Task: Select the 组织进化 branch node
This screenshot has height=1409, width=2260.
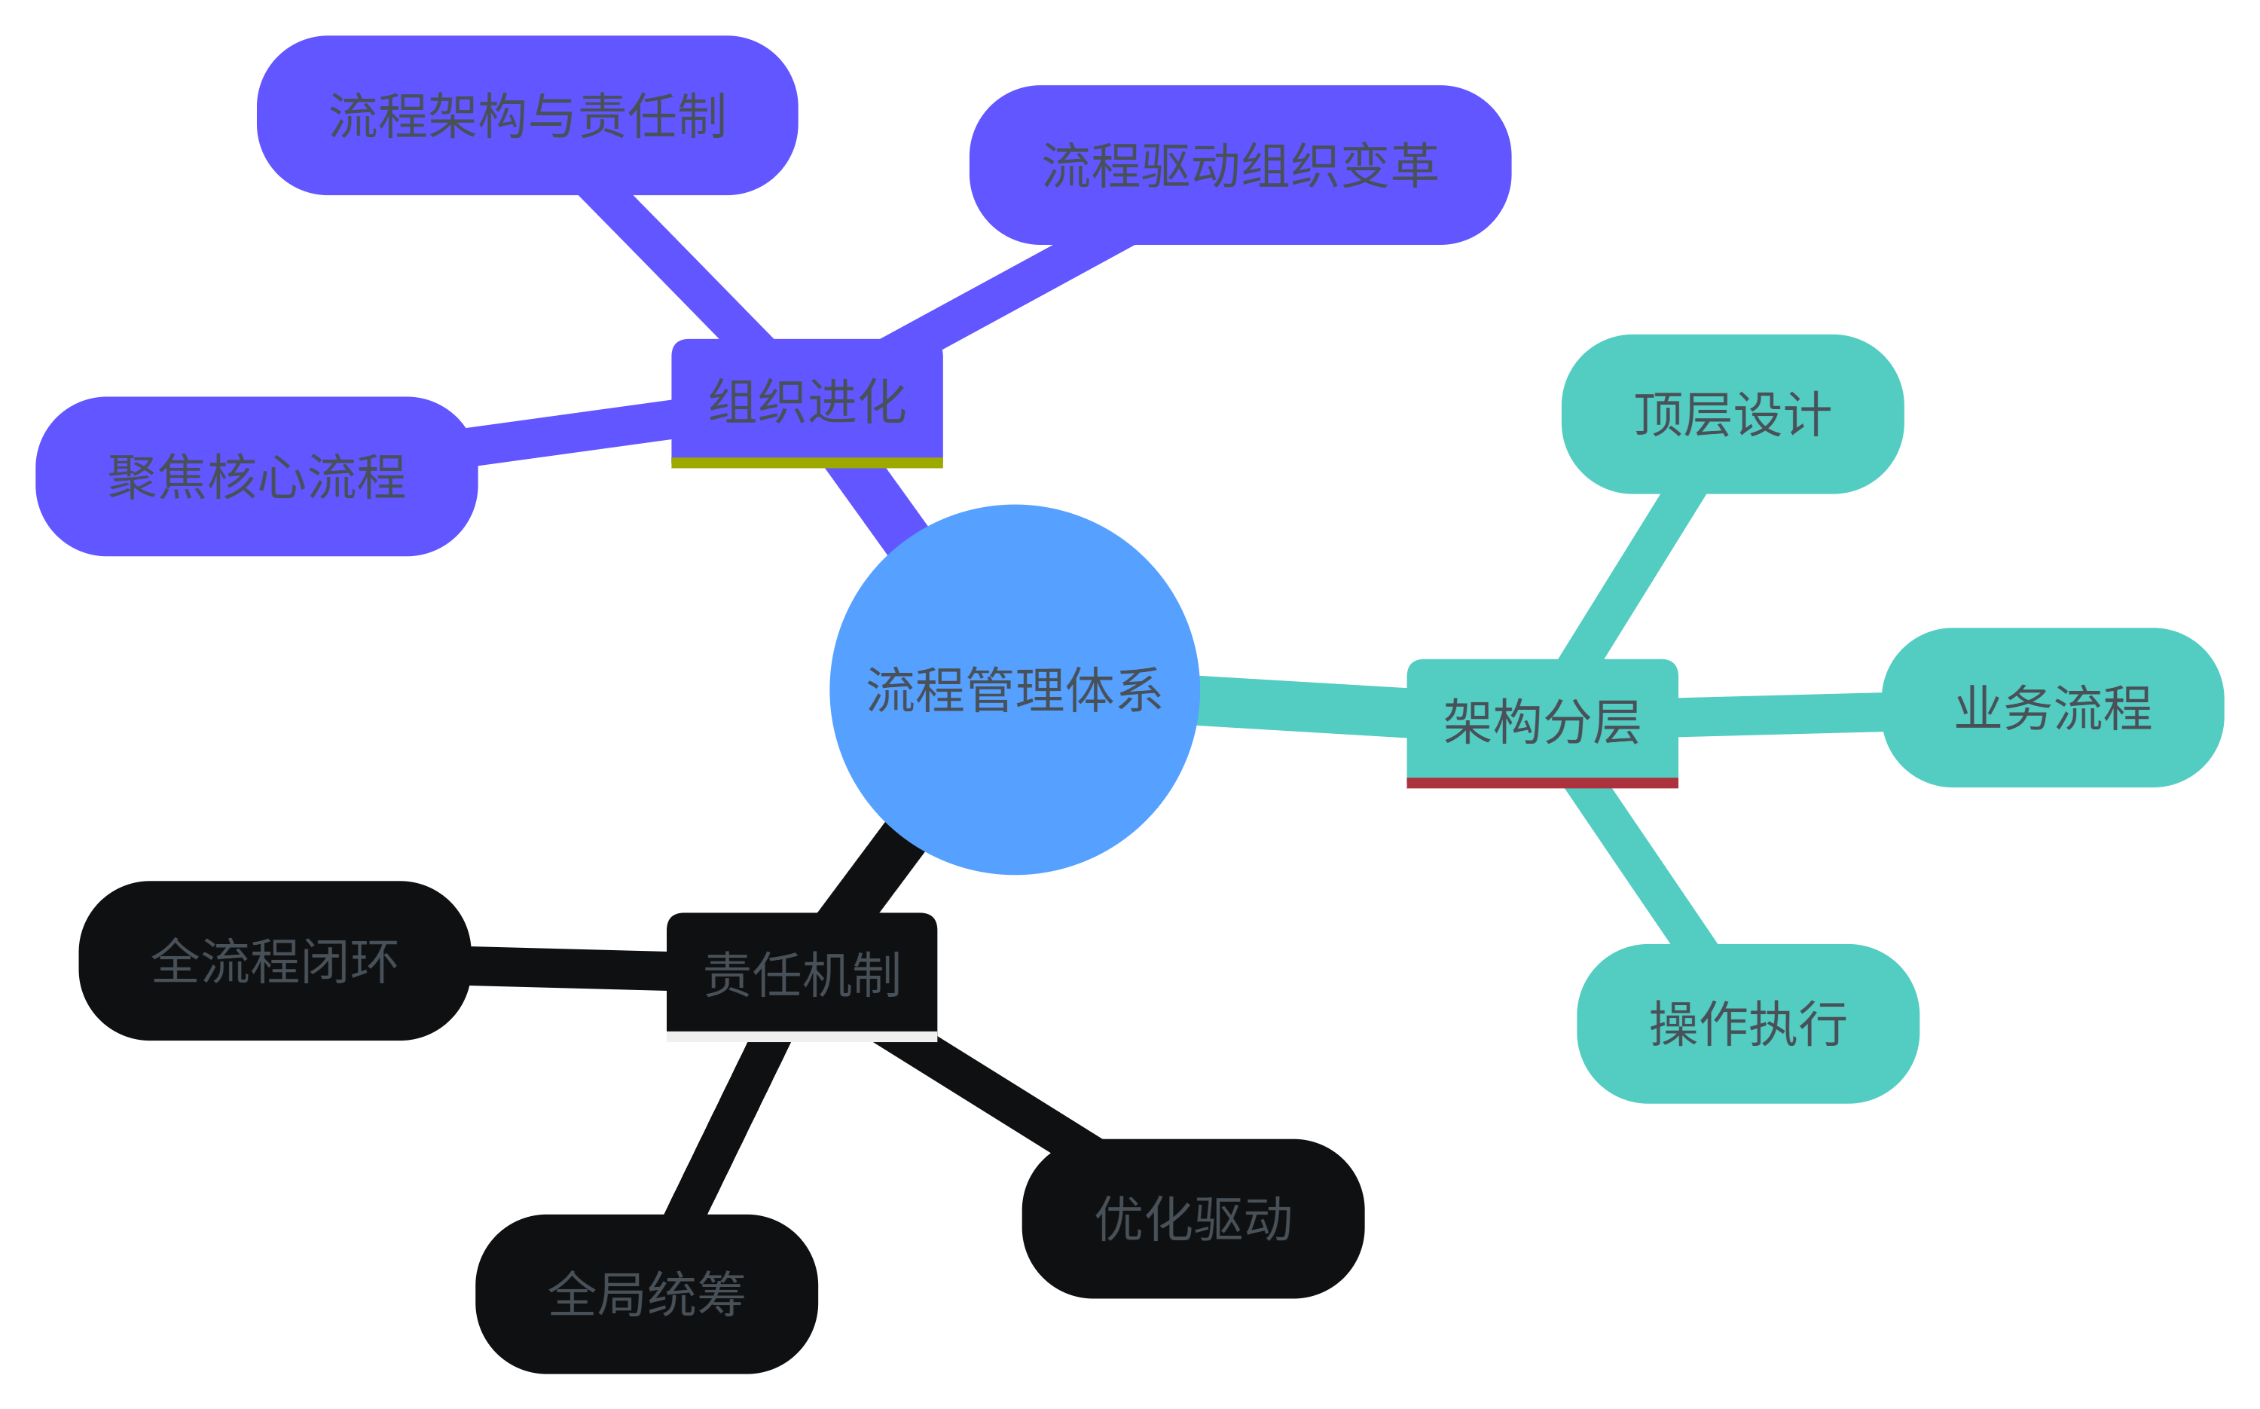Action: tap(807, 401)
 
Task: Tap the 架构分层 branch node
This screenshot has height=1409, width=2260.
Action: tap(1542, 720)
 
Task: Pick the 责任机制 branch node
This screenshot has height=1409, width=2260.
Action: tap(801, 973)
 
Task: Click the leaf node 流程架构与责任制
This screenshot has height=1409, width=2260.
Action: tap(527, 115)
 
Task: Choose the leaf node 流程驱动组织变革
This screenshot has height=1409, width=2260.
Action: tap(1240, 165)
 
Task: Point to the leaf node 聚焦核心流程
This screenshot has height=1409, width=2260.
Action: tap(256, 476)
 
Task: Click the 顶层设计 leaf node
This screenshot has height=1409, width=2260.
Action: tap(1732, 414)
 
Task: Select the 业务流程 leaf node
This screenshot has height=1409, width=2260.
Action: tap(2052, 708)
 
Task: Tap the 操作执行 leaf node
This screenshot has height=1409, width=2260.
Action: tap(1748, 1023)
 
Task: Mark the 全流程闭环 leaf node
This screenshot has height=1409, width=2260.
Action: tap(275, 961)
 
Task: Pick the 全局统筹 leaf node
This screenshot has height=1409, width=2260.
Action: tap(646, 1294)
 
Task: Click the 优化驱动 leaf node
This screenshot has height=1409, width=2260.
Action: tap(1193, 1218)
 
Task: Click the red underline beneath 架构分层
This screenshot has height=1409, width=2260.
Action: tap(1542, 783)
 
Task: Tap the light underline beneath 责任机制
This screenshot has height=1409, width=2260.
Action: tap(801, 1036)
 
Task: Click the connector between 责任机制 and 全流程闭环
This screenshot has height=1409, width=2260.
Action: tap(568, 968)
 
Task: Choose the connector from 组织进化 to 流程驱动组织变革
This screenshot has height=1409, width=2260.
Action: tap(1006, 292)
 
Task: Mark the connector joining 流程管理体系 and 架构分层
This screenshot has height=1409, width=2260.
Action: tap(1303, 706)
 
